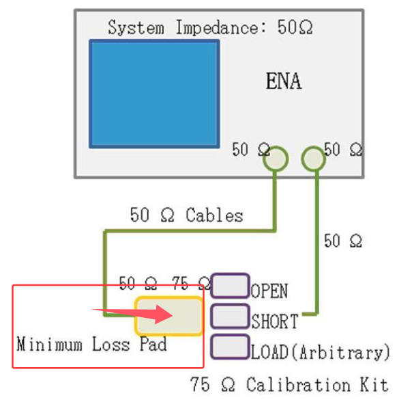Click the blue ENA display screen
154,94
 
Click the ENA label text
284,81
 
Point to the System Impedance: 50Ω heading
210,27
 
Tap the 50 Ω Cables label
186,215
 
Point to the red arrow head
164,314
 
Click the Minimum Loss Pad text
91,344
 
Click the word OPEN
269,291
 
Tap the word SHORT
275,321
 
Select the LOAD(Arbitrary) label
321,352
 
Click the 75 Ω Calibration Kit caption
289,384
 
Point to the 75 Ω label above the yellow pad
191,283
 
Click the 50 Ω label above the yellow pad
138,283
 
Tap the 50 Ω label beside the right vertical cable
343,241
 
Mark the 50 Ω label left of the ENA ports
251,149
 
